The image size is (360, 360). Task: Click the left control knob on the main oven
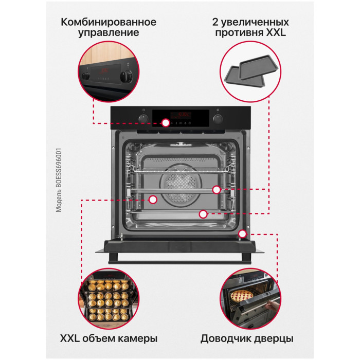pos(143,118)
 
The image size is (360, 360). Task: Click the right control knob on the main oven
pos(218,119)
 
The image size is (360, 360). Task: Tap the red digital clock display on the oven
pos(181,114)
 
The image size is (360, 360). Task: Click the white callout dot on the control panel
pos(166,123)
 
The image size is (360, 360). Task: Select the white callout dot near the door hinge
pos(242,233)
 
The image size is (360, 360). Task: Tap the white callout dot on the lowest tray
pos(203,214)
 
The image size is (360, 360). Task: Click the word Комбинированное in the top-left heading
pos(109,22)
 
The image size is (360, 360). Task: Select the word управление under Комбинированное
pos(109,32)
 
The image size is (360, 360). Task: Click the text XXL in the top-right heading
pos(276,32)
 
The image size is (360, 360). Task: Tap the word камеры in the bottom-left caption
pos(138,339)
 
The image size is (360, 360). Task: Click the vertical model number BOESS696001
pos(59,180)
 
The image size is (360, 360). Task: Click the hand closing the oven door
pos(271,306)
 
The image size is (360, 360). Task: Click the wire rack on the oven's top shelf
pos(181,170)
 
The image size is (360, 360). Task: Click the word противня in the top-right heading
pos(239,33)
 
